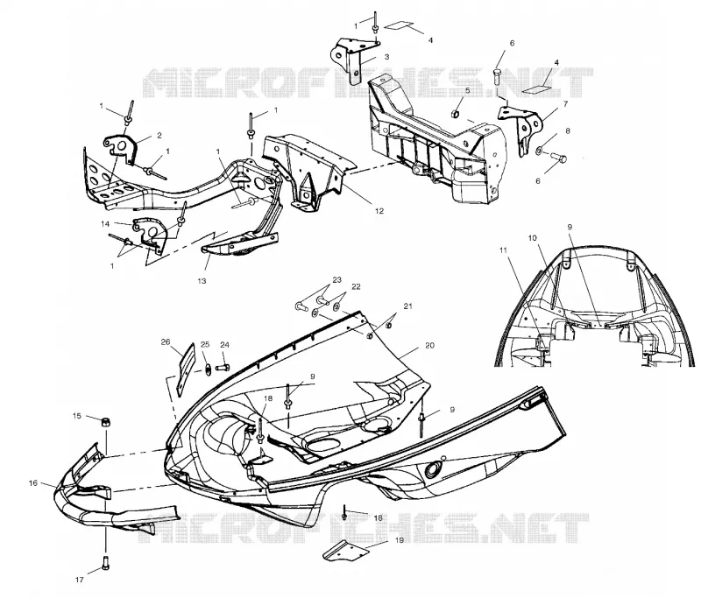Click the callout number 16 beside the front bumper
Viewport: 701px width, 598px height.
[x=33, y=483]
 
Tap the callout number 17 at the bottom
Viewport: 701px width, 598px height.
[x=79, y=580]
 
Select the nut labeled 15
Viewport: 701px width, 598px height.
[x=105, y=422]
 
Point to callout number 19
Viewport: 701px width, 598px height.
[x=400, y=540]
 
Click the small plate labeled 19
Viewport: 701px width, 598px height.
[x=345, y=551]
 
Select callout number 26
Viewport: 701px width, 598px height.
[x=166, y=342]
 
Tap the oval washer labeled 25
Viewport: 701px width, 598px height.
[x=209, y=369]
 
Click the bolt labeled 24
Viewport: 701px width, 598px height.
[x=223, y=368]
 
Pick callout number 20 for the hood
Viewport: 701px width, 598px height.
[x=429, y=345]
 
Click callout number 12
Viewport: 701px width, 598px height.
[x=379, y=211]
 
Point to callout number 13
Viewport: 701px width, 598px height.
[x=202, y=281]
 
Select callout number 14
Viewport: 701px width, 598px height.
[x=105, y=224]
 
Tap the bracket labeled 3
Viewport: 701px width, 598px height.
[x=353, y=60]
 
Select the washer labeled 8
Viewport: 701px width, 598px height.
[x=539, y=150]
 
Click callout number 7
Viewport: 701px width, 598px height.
[x=565, y=104]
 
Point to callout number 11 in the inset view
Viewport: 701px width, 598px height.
[x=503, y=250]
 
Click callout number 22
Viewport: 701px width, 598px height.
[x=356, y=286]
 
